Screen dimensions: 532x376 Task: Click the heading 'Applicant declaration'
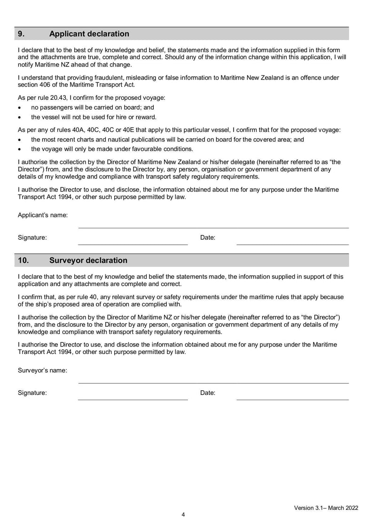(x=89, y=34)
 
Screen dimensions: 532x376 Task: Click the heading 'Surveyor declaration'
(x=88, y=260)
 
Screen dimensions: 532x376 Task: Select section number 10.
(x=23, y=260)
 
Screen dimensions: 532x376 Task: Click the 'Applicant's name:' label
(x=43, y=215)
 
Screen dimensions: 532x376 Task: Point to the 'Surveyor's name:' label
(x=42, y=370)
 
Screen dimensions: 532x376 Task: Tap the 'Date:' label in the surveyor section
(x=208, y=393)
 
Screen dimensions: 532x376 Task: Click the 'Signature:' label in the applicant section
(x=32, y=238)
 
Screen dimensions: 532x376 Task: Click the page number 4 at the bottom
(x=183, y=515)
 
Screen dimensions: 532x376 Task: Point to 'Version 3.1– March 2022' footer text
(x=326, y=508)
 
